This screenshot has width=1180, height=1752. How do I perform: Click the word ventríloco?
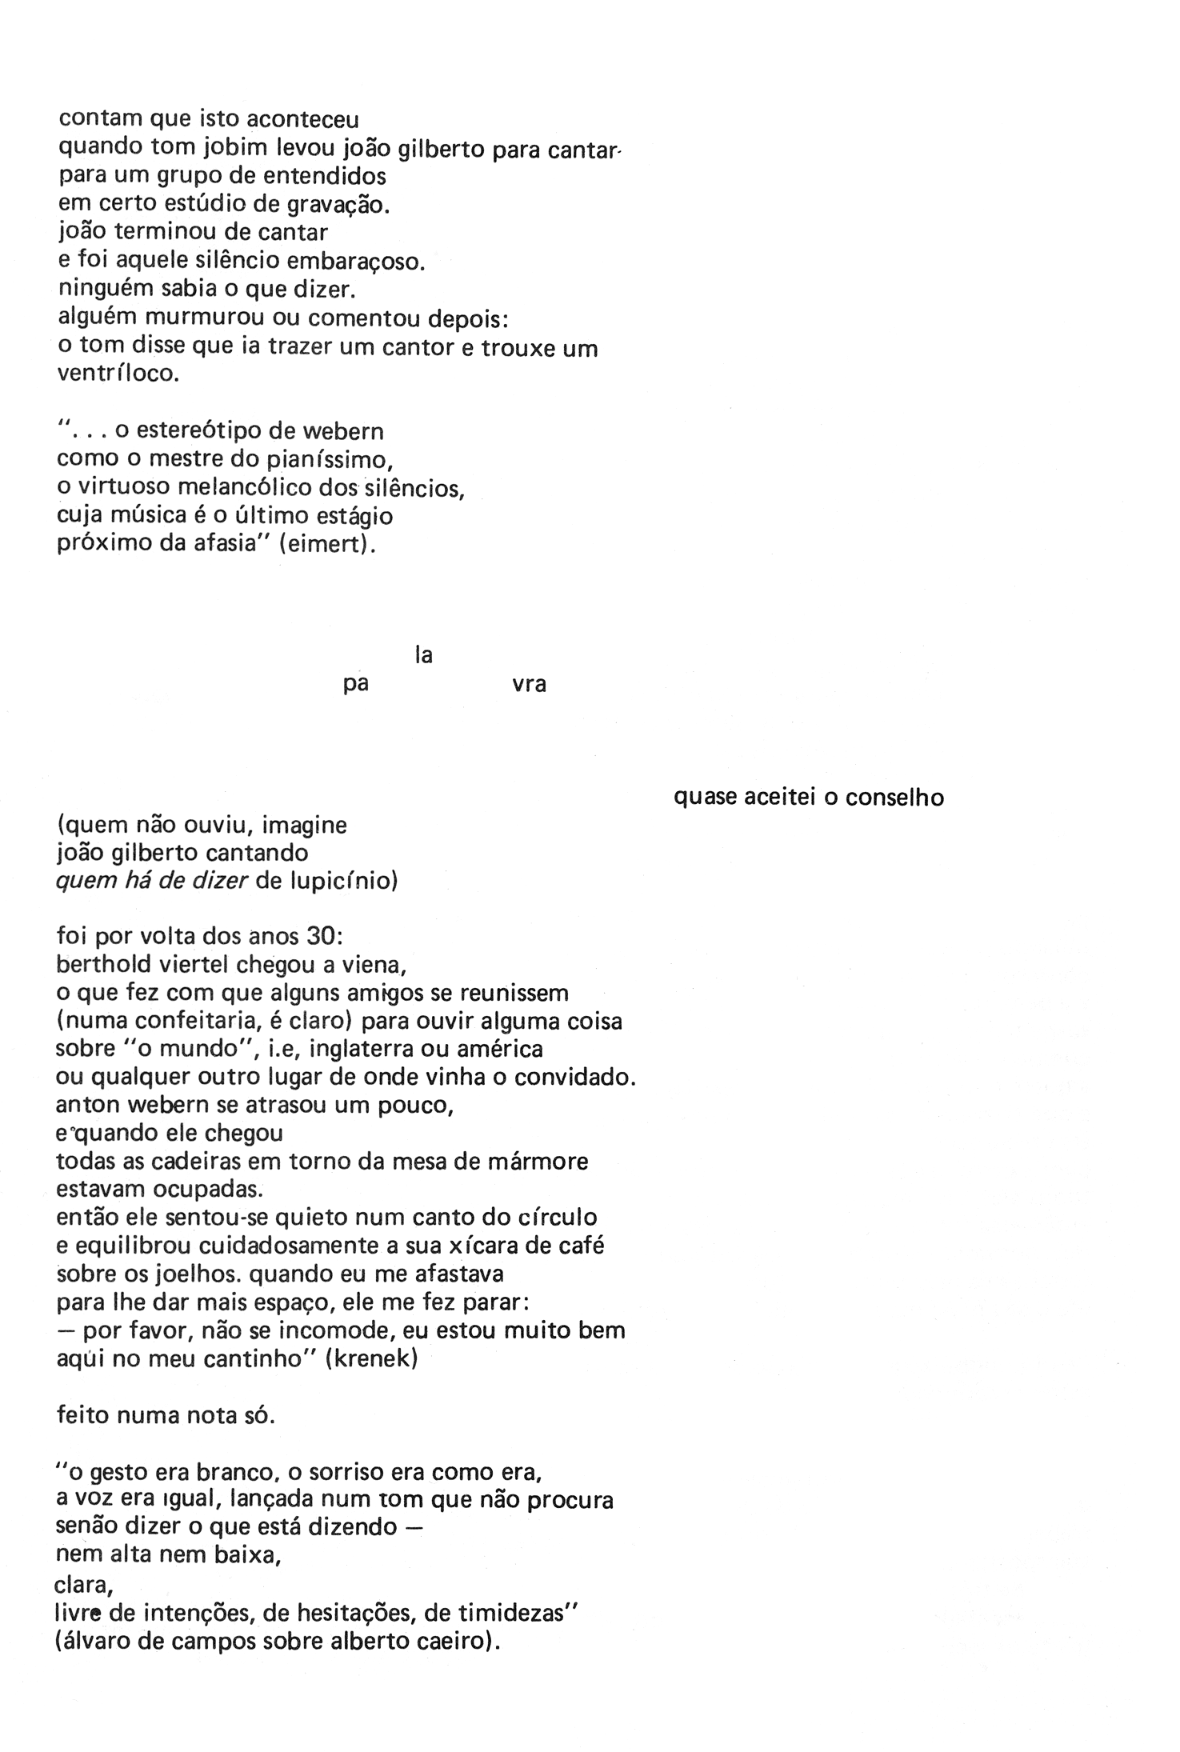(117, 374)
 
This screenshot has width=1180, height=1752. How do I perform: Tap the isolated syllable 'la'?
(423, 656)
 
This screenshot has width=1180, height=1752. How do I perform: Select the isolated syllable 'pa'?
(355, 686)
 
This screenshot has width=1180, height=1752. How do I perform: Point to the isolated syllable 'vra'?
(529, 686)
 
